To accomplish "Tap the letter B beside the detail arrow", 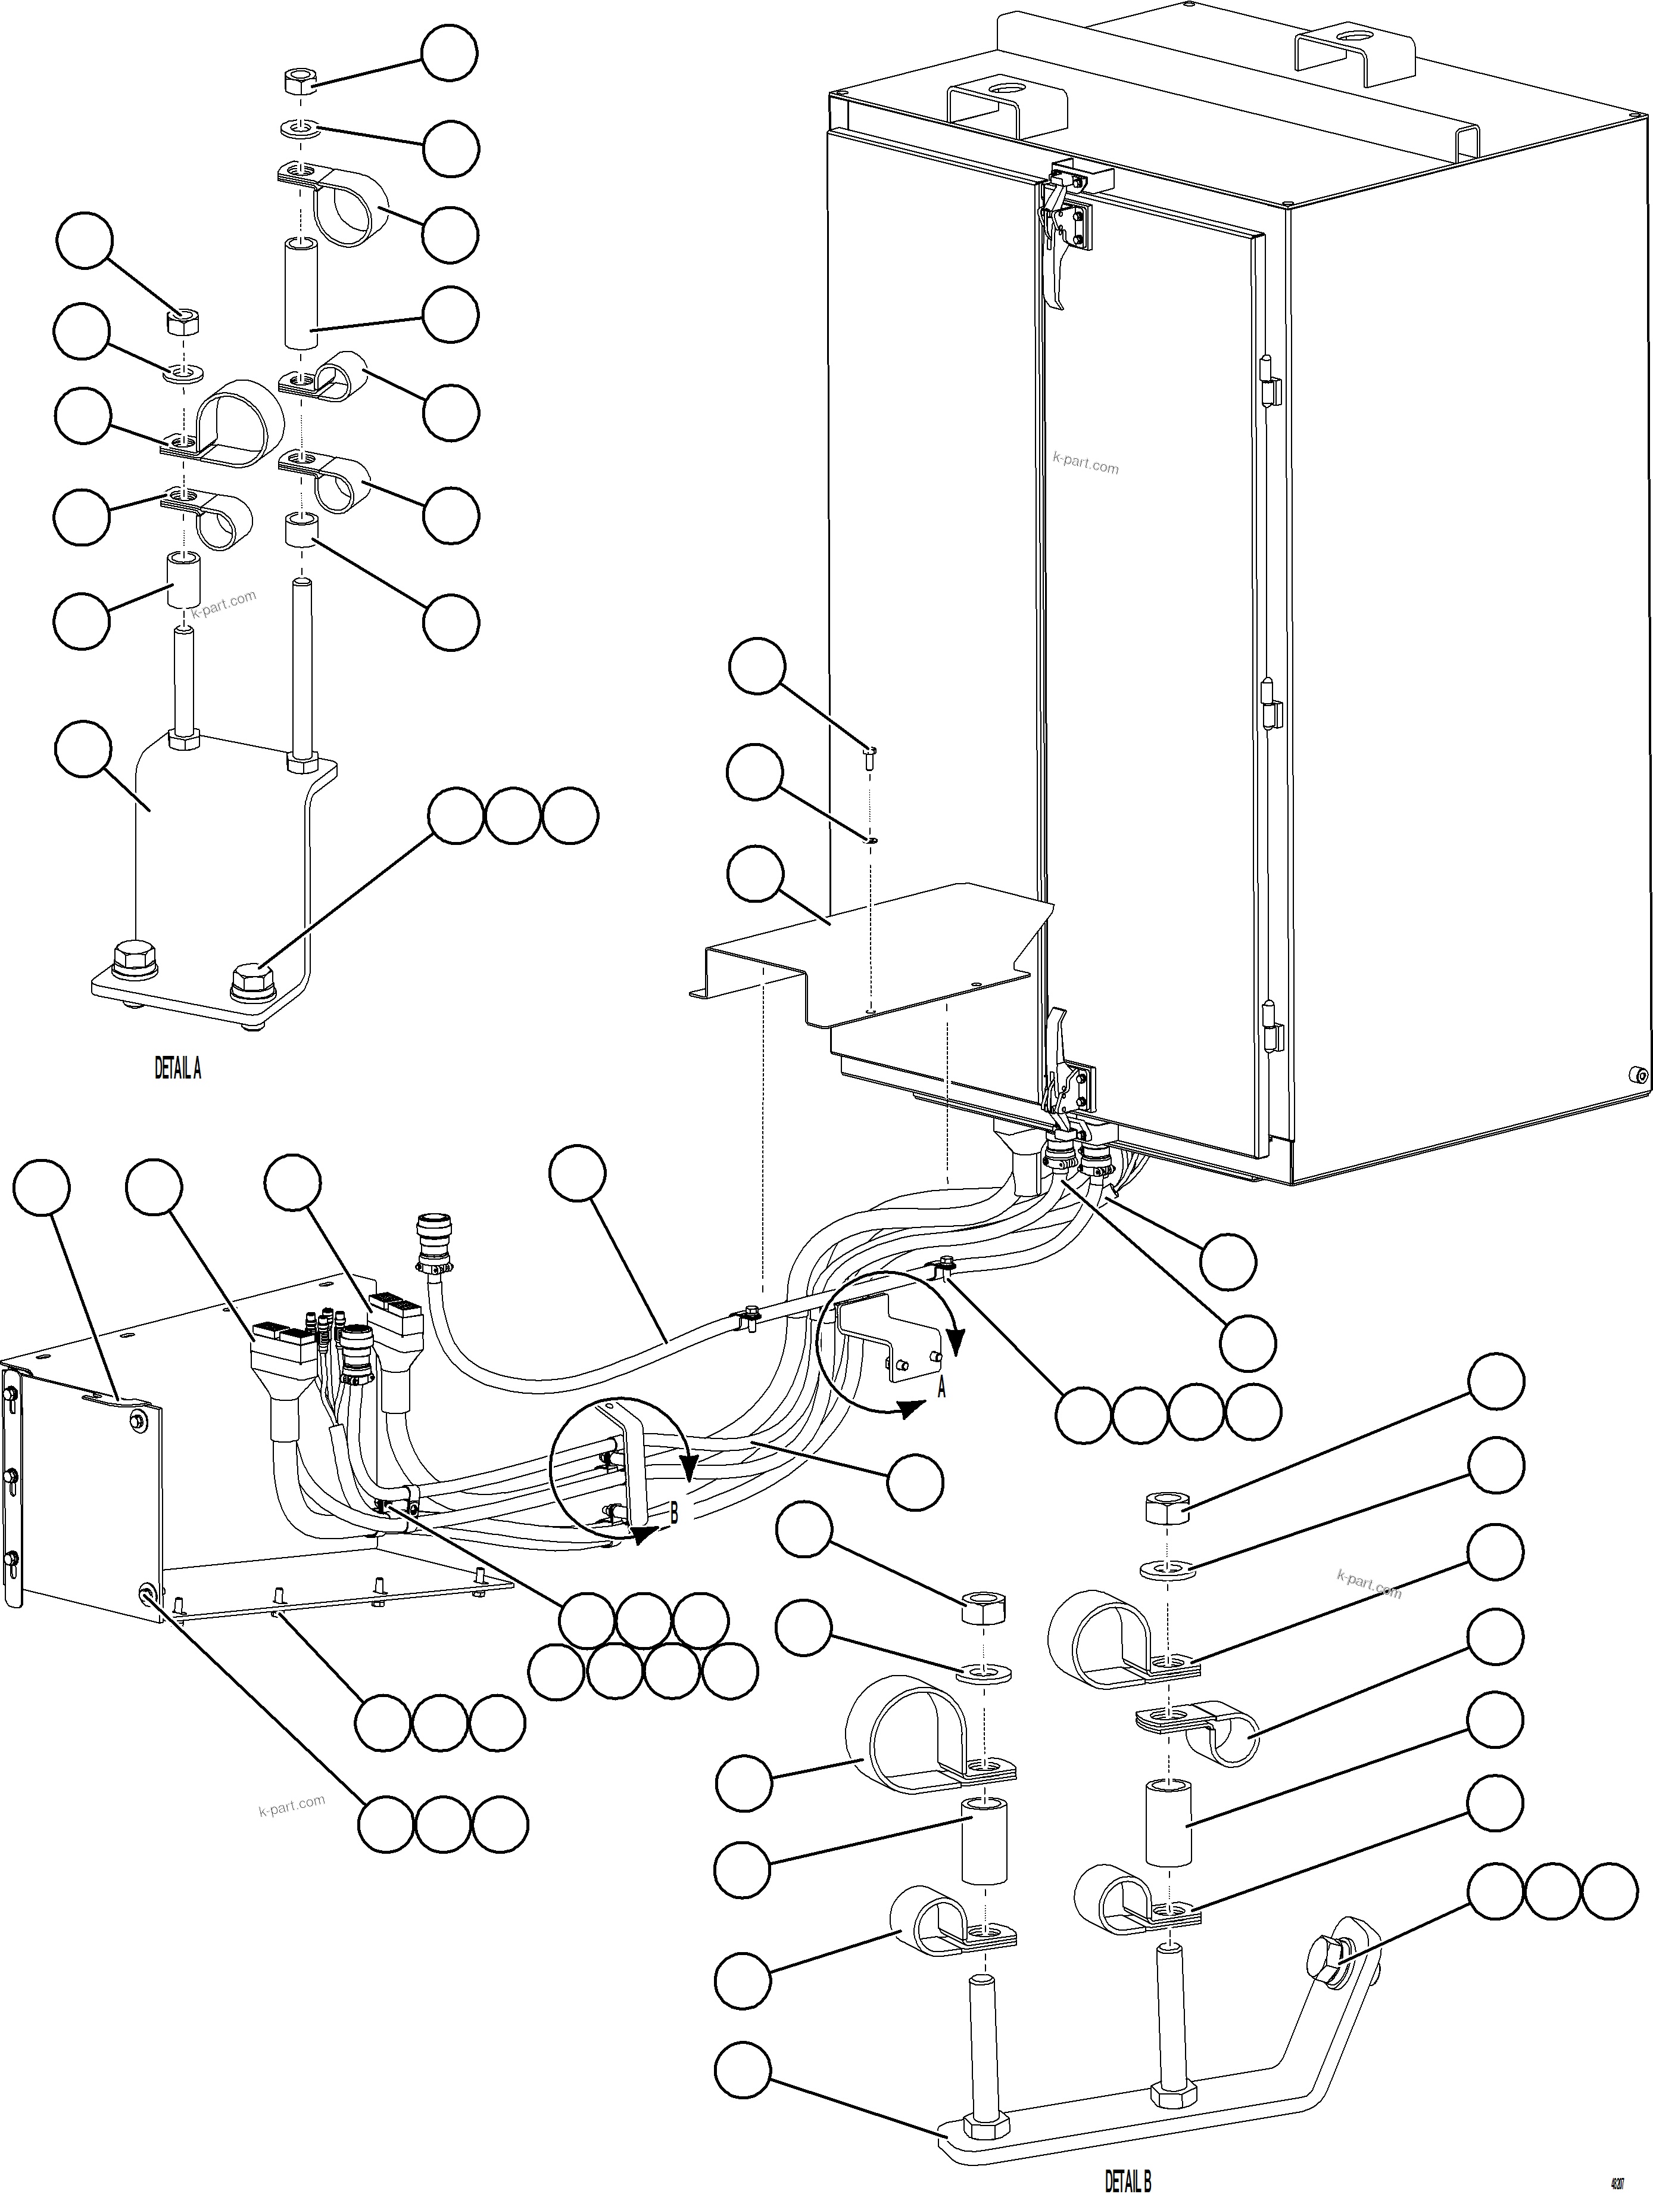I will click(x=674, y=1514).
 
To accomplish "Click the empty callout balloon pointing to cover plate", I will click(x=756, y=874).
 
